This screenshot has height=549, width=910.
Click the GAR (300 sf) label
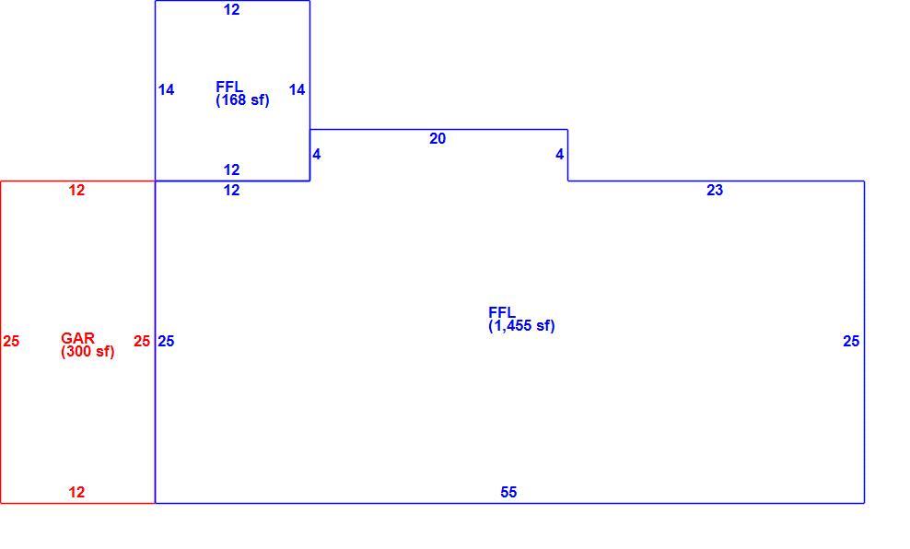(x=87, y=345)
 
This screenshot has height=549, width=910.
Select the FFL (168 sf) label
(x=242, y=93)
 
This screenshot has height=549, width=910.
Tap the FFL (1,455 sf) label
(x=521, y=320)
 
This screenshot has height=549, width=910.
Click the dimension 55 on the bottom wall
(x=508, y=492)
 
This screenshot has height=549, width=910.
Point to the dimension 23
(x=715, y=190)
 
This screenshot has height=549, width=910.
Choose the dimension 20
(x=437, y=139)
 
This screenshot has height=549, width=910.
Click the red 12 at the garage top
(x=76, y=190)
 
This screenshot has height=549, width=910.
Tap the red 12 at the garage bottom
(x=76, y=492)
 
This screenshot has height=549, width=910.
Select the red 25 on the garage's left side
(x=11, y=341)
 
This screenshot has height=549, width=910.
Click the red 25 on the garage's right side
(x=142, y=341)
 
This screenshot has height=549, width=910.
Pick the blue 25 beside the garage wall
(x=166, y=341)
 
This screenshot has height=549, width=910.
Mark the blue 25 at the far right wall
(x=851, y=341)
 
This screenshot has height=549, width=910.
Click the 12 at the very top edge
(x=231, y=9)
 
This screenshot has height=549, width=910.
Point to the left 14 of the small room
(x=166, y=89)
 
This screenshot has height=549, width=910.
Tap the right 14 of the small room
(x=297, y=89)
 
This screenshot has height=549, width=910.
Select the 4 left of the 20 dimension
(x=316, y=155)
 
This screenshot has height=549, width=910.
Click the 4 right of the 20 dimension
(x=559, y=155)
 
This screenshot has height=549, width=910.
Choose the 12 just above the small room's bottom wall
(x=231, y=169)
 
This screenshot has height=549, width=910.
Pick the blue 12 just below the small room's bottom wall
(x=231, y=190)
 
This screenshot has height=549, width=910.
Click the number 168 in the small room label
(x=233, y=99)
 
